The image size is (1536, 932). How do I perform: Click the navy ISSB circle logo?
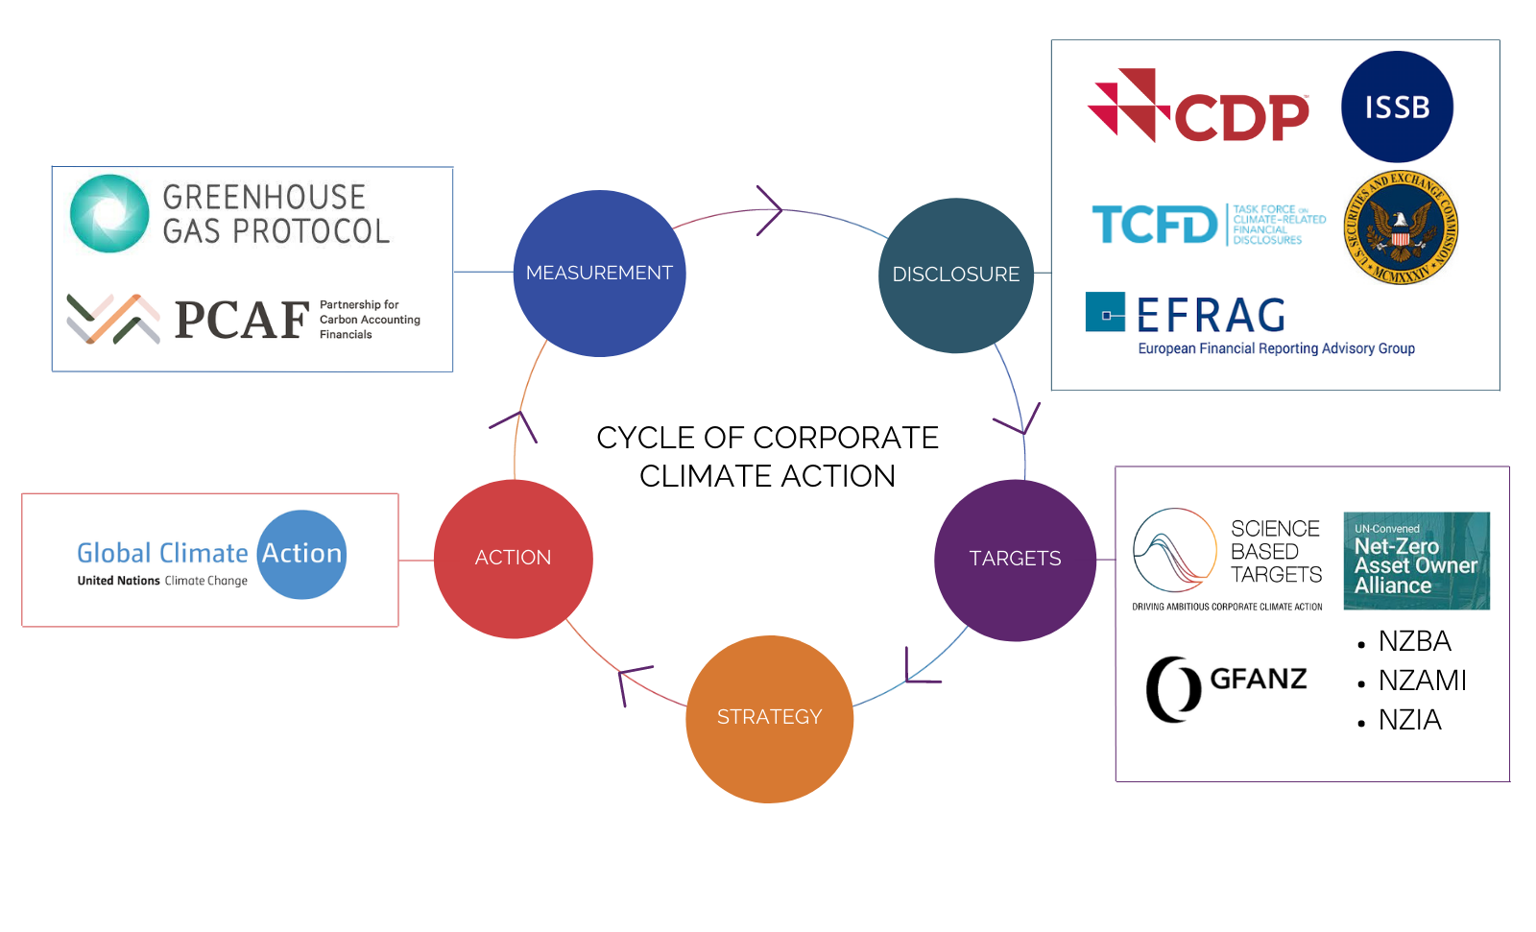[x=1397, y=107]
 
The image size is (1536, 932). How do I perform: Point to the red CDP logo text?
[x=1241, y=117]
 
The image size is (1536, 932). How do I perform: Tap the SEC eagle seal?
[x=1401, y=228]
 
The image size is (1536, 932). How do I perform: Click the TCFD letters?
[x=1155, y=226]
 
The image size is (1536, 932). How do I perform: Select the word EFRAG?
[x=1212, y=316]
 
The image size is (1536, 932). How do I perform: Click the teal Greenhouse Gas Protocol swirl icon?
[x=109, y=213]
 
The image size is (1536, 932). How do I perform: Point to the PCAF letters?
[x=242, y=321]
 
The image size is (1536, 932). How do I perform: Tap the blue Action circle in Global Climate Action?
[x=302, y=554]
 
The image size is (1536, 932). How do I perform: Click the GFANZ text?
[x=1258, y=680]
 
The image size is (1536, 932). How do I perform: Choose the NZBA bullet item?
[x=1414, y=641]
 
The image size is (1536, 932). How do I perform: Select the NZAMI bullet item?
[x=1422, y=681]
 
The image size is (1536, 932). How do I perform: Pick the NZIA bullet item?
[x=1409, y=720]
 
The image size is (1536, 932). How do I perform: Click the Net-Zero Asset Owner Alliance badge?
[x=1416, y=561]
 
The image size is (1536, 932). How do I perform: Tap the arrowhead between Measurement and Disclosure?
[x=770, y=210]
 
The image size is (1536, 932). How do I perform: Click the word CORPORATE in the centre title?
[x=846, y=438]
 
